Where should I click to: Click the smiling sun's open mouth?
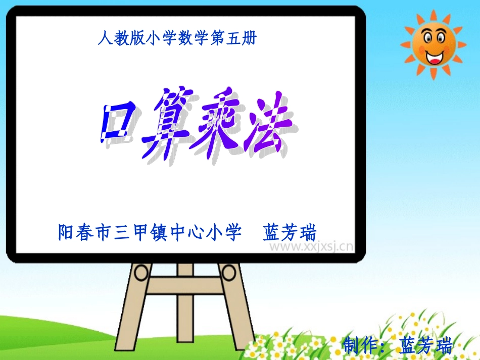[x=433, y=56]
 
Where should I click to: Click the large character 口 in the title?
[x=118, y=121]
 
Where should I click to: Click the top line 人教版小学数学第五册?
[x=177, y=38]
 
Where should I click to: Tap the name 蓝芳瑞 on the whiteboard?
[x=290, y=233]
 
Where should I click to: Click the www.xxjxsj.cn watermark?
[x=310, y=247]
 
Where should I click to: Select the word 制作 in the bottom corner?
[x=362, y=346]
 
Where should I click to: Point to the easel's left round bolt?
[x=141, y=273]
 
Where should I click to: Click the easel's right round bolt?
[x=229, y=273]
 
